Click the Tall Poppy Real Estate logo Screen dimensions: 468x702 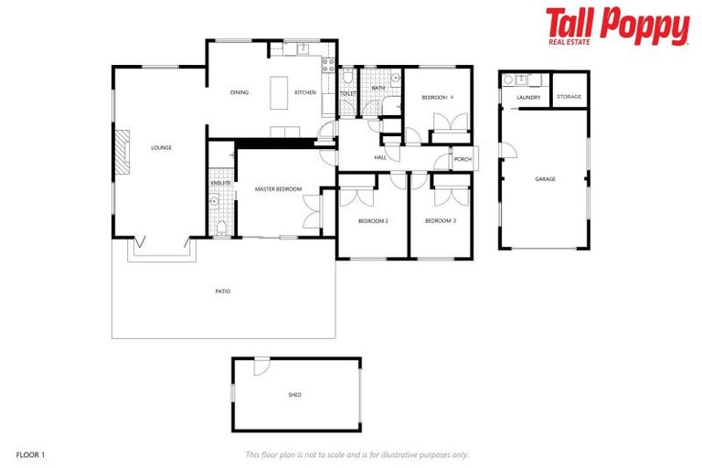pyautogui.click(x=617, y=26)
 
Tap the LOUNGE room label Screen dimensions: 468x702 pyautogui.click(x=162, y=147)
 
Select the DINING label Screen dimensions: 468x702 pyautogui.click(x=239, y=92)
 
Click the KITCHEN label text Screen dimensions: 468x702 pyautogui.click(x=304, y=92)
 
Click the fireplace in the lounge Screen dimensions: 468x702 pyautogui.click(x=122, y=151)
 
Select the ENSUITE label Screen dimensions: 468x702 pyautogui.click(x=221, y=183)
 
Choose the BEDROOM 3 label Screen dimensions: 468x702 pyautogui.click(x=441, y=221)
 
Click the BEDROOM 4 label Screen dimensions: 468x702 pyautogui.click(x=437, y=97)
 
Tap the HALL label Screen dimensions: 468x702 pyautogui.click(x=380, y=158)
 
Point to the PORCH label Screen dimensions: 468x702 pyautogui.click(x=463, y=159)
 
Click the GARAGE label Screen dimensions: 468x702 pyautogui.click(x=545, y=179)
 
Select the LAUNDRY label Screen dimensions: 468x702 pyautogui.click(x=528, y=98)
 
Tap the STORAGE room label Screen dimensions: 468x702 pyautogui.click(x=569, y=97)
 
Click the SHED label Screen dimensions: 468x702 pyautogui.click(x=294, y=395)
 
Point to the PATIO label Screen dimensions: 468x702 pyautogui.click(x=222, y=292)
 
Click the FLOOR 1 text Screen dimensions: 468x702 pyautogui.click(x=30, y=453)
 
